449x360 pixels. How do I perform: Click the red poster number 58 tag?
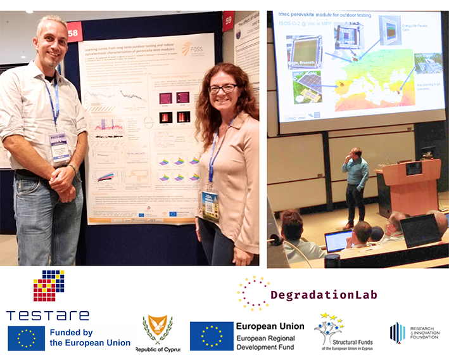[74, 34]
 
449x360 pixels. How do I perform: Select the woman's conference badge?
[210, 204]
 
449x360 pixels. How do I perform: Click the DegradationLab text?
[324, 295]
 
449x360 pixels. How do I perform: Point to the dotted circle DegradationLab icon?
[253, 293]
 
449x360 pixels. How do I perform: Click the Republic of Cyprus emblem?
[157, 330]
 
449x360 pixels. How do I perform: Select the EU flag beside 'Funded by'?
[26, 337]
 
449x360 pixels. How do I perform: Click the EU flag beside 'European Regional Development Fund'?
[212, 336]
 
